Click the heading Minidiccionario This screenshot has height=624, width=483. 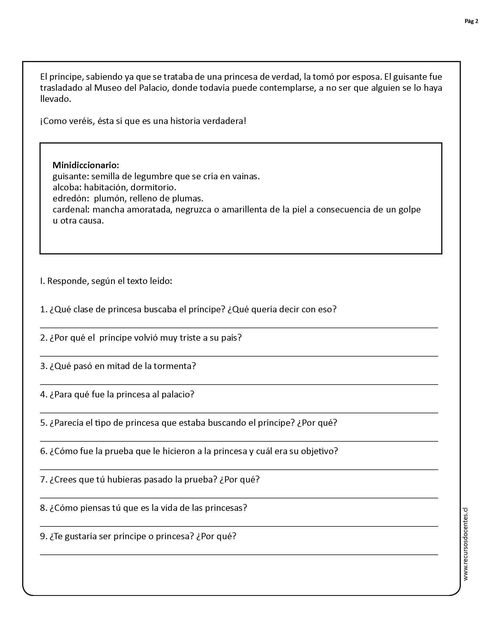[x=86, y=165]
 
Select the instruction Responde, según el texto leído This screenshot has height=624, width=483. [x=109, y=281]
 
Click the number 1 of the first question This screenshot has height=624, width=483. [x=43, y=309]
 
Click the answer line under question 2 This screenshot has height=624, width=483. [x=239, y=356]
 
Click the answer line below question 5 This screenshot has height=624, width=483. [x=239, y=441]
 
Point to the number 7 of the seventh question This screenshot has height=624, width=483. [x=43, y=479]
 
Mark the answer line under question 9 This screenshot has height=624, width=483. [x=239, y=555]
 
